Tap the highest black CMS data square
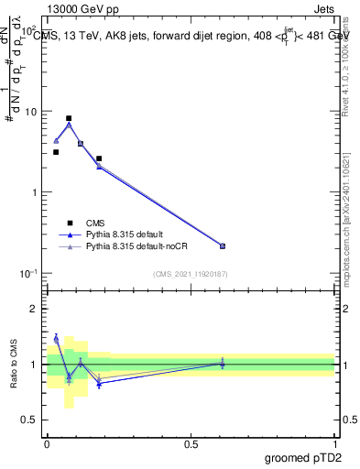pyautogui.click(x=69, y=118)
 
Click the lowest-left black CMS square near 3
pyautogui.click(x=56, y=152)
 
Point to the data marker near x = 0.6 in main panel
pyautogui.click(x=223, y=245)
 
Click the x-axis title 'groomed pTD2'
pyautogui.click(x=304, y=456)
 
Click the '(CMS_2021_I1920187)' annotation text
pyautogui.click(x=191, y=274)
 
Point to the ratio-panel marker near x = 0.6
pyautogui.click(x=223, y=364)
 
